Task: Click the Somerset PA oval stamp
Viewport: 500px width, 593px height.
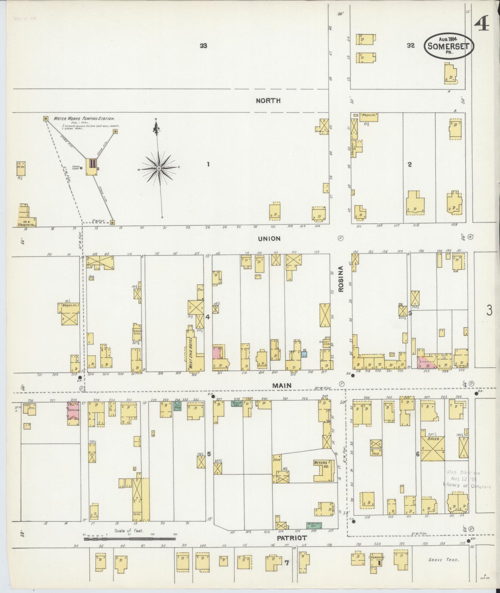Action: (449, 46)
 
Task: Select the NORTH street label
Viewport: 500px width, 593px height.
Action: (268, 101)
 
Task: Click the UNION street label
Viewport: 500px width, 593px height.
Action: (269, 239)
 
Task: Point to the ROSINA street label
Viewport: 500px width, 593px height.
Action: (340, 279)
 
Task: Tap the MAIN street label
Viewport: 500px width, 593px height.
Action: (281, 385)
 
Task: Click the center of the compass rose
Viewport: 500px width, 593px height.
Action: (158, 168)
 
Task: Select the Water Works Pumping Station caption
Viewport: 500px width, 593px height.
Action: (84, 118)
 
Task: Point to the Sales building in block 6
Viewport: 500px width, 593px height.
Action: (433, 449)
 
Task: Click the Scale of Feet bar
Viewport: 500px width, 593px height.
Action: (129, 539)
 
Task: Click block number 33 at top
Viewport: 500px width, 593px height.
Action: (203, 45)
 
